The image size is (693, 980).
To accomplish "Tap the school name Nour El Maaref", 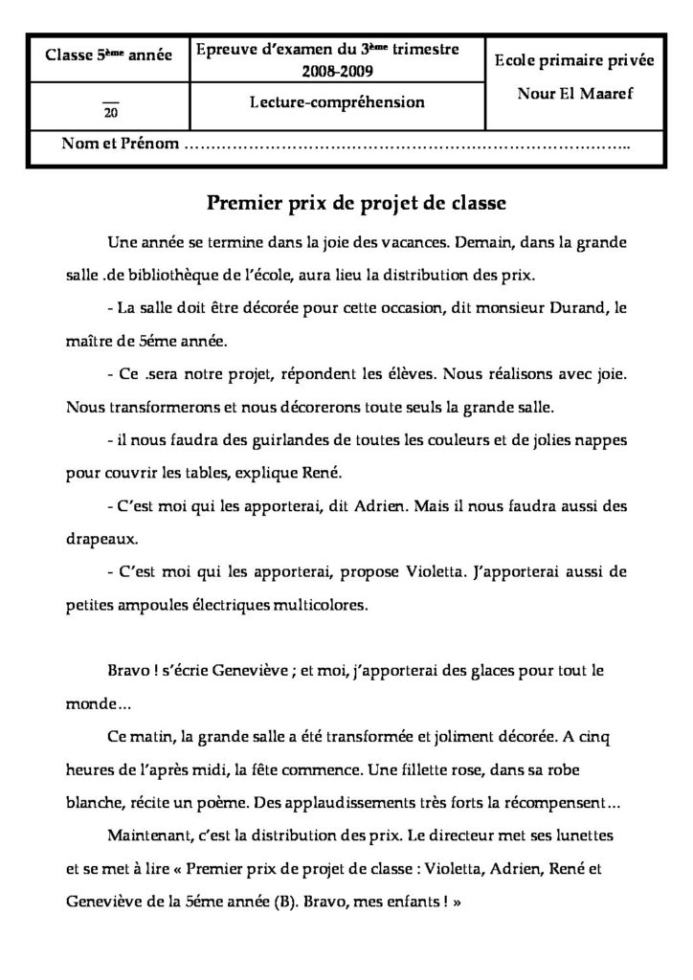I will point(574,97).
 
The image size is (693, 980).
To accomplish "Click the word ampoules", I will point(179,605).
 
